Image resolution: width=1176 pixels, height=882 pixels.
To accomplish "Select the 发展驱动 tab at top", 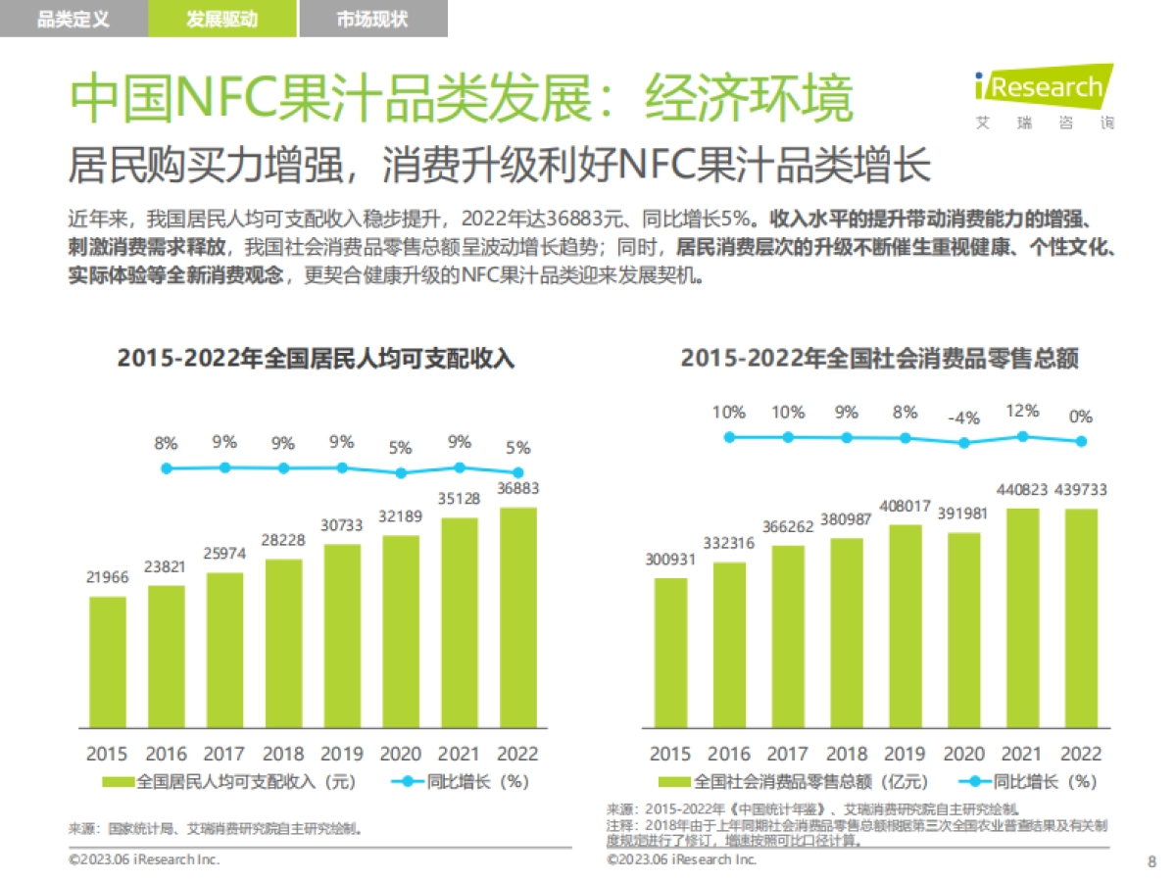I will [222, 19].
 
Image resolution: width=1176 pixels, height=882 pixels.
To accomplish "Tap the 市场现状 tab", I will [372, 19].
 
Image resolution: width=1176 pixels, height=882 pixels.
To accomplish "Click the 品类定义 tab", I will [73, 19].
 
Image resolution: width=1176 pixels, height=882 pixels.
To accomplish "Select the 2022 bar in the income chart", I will [518, 617].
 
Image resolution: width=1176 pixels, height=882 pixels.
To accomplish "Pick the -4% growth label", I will [963, 418].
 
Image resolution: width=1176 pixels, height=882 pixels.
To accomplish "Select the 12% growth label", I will [1022, 412].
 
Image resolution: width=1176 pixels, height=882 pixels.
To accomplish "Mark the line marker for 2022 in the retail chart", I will [1081, 441].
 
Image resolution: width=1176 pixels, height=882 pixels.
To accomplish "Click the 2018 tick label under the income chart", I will [283, 754].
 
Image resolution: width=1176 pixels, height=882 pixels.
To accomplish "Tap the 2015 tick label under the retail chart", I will [670, 754].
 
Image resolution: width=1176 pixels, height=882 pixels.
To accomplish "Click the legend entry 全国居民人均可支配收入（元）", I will [230, 782].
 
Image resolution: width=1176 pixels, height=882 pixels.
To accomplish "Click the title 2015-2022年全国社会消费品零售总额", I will [879, 359].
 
